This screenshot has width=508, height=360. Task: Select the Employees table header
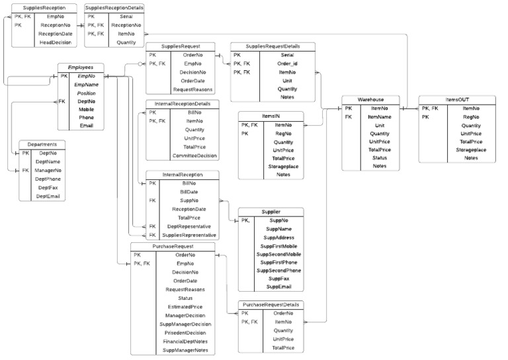[x=80, y=67]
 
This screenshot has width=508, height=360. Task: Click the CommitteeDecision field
[x=194, y=156]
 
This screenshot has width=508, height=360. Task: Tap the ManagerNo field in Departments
[x=48, y=170]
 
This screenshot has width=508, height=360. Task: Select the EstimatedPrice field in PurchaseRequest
[x=185, y=306]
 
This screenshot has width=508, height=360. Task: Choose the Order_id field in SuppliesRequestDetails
[x=287, y=64]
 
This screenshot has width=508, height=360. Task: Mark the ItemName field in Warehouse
[x=380, y=116]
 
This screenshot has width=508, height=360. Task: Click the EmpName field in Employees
[x=86, y=85]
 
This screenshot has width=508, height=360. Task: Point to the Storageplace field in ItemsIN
[x=283, y=166]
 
